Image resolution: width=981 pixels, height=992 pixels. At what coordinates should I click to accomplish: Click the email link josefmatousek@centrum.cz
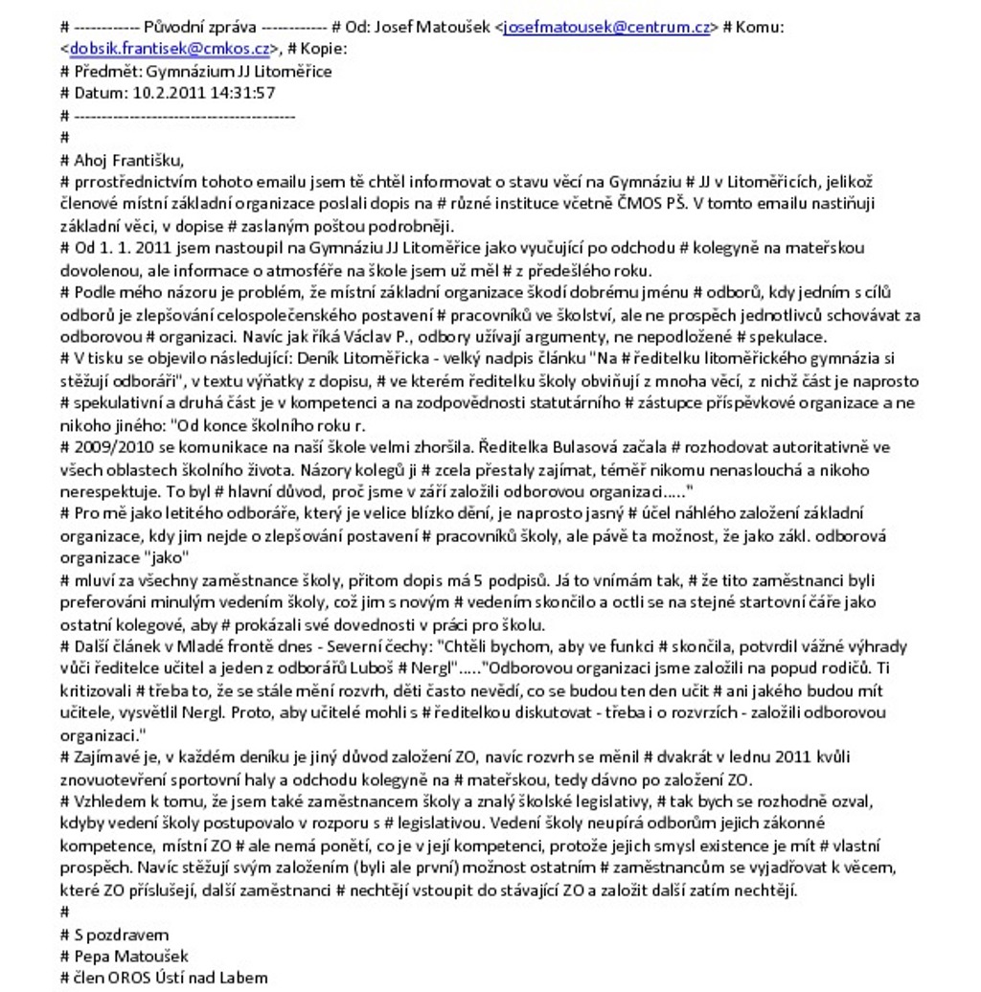click(607, 28)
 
